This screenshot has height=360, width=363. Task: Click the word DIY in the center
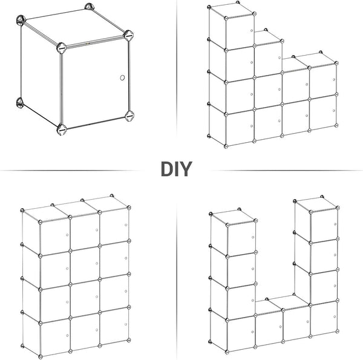[x=177, y=169]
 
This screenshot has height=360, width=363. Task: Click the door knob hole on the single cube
[x=122, y=77]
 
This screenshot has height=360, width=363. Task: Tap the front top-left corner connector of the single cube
[x=61, y=48]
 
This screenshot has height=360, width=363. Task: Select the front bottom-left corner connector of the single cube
[x=62, y=129]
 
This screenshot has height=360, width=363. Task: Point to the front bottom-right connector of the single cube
[x=129, y=116]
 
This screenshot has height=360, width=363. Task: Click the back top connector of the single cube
[x=89, y=7]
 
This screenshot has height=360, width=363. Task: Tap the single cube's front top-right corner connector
[x=128, y=36]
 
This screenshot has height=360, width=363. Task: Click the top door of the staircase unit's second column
[x=268, y=59]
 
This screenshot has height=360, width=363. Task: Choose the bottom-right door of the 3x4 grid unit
[x=114, y=326]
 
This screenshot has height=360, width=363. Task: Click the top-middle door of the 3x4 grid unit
[x=85, y=232]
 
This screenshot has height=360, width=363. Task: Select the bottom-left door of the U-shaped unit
[x=241, y=333]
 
